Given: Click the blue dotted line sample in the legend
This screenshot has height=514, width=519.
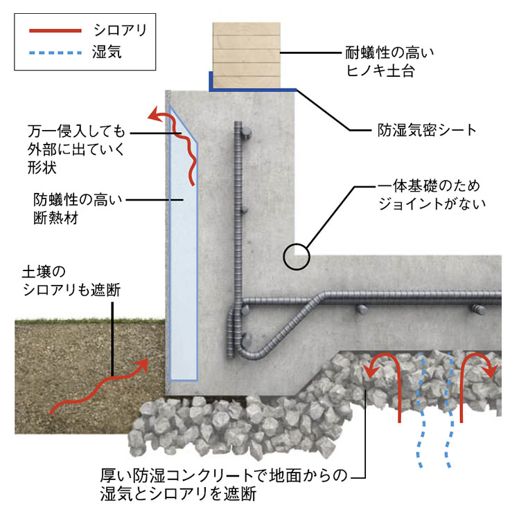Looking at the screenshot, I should coord(55,51).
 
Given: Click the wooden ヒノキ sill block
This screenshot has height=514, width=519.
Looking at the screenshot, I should coord(246,55).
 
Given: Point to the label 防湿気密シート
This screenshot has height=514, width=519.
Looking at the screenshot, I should coord(422,129).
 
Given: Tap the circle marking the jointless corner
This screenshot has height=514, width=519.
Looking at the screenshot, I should coord(295,257).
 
